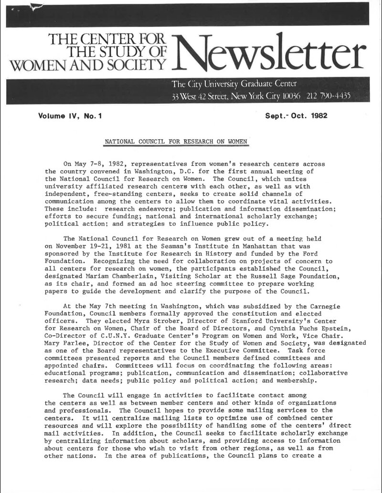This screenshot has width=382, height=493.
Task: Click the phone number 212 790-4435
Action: [x=329, y=96]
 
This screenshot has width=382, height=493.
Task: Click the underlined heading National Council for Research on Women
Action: [x=176, y=142]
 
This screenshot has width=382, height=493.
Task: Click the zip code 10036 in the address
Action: [x=289, y=96]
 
